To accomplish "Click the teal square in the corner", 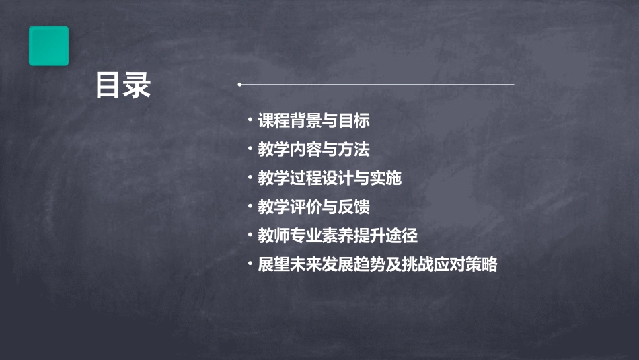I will pyautogui.click(x=48, y=46).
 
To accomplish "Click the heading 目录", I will pyautogui.click(x=123, y=86).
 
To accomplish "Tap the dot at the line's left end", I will pyautogui.click(x=239, y=85).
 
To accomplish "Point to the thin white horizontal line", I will pyautogui.click(x=377, y=85).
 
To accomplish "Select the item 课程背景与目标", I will pyautogui.click(x=313, y=121).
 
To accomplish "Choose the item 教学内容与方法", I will pyautogui.click(x=313, y=149).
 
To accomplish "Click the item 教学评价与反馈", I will pyautogui.click(x=313, y=207).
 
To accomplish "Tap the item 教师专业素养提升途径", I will pyautogui.click(x=338, y=236).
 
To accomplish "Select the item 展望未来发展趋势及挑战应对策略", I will pyautogui.click(x=377, y=264).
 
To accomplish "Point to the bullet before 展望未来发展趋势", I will pyautogui.click(x=250, y=263).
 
